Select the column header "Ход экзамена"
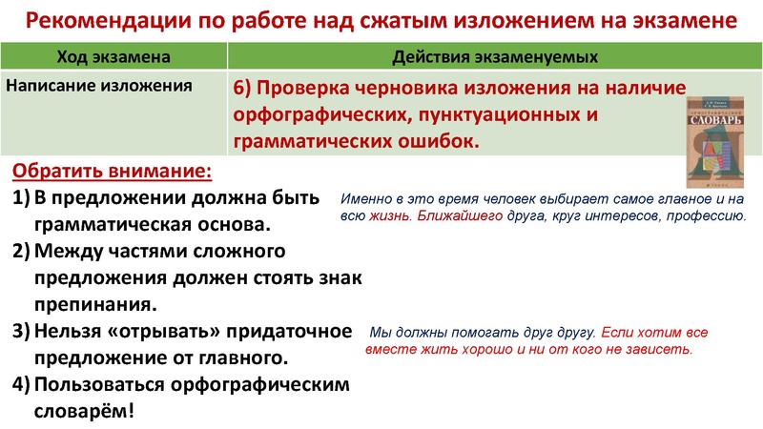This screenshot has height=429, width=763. coord(114,57)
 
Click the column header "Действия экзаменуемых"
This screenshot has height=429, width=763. coord(496,57)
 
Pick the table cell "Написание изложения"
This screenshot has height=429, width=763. coord(99,84)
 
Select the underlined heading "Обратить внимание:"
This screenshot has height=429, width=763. coord(113,172)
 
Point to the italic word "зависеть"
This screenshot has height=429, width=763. coord(658,349)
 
